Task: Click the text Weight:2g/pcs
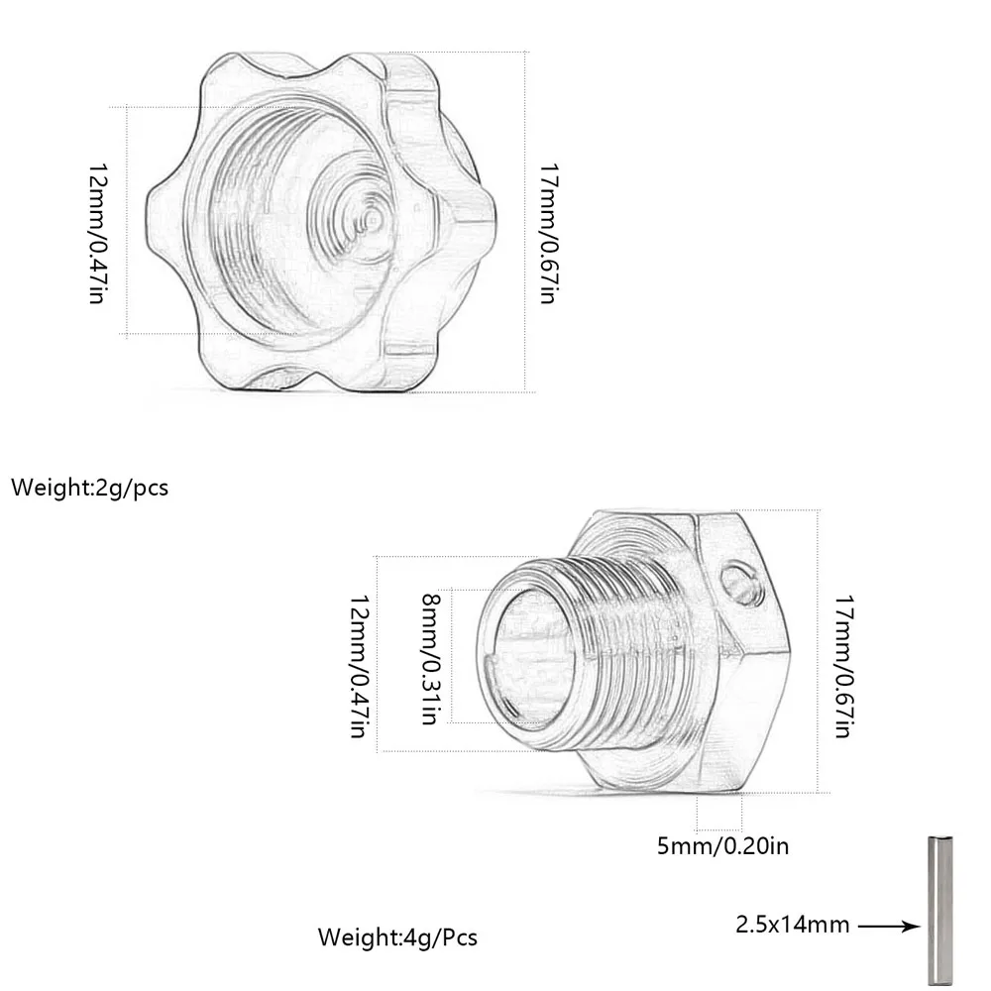point(90,488)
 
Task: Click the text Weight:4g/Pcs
point(397,936)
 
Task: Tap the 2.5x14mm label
point(792,925)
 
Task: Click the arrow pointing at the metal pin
point(889,927)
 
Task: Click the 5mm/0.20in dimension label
point(723,845)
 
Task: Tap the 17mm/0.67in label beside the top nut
point(548,233)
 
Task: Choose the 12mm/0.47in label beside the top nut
point(97,233)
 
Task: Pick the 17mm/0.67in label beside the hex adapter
point(843,666)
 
